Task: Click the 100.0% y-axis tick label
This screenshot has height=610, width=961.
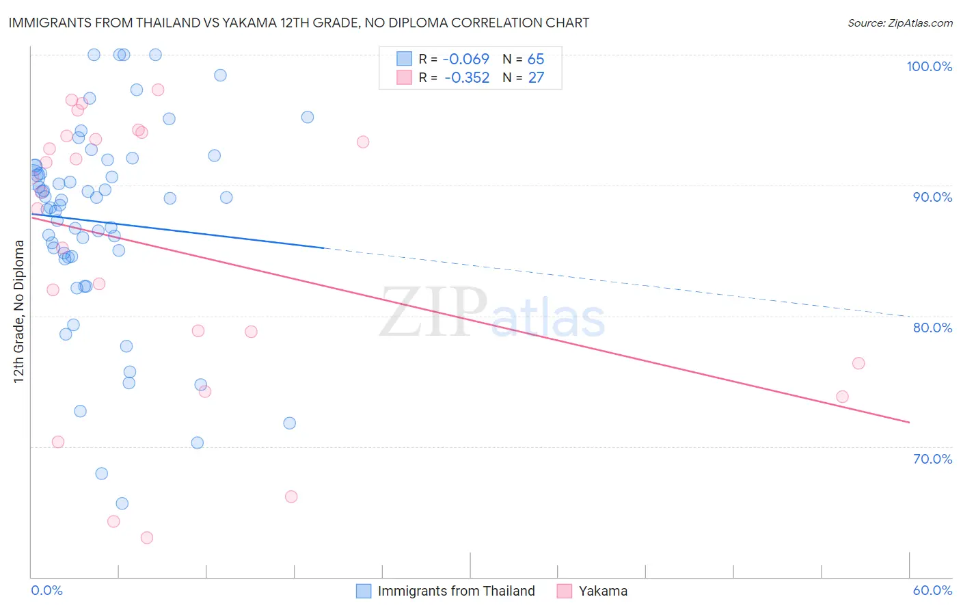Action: coord(929,66)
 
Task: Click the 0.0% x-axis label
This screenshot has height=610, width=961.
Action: coord(46,590)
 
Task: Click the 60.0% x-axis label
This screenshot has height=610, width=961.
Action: coord(932,590)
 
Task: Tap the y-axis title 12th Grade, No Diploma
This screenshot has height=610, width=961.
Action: coord(19,311)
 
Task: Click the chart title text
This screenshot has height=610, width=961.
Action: coord(299,23)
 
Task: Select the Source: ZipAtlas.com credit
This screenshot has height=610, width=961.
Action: coord(899,23)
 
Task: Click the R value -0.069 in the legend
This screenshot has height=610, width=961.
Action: coord(466,59)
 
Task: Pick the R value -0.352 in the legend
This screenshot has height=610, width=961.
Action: coord(466,78)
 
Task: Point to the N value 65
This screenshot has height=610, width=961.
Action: coord(536,59)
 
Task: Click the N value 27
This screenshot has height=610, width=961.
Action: coord(536,78)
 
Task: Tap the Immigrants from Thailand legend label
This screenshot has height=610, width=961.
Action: coord(456,591)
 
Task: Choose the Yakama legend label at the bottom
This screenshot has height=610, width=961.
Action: coord(603,591)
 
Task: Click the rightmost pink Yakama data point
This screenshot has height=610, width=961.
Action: coord(858,363)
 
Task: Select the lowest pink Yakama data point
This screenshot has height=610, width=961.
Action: coord(146,538)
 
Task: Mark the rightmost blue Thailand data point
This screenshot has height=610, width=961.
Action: coord(308,117)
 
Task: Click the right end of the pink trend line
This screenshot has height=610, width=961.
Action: coord(909,423)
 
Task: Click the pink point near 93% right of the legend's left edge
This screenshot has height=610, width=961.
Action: coord(363,142)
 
